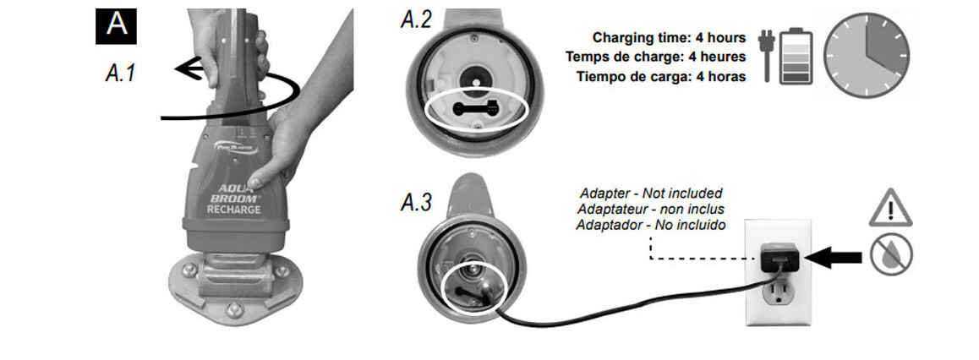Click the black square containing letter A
point(117,25)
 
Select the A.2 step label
point(415,20)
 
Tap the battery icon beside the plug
point(794,56)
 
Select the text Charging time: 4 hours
point(669,38)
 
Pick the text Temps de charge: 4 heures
point(655,57)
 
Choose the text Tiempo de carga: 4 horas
point(661,77)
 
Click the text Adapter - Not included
point(651,194)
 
